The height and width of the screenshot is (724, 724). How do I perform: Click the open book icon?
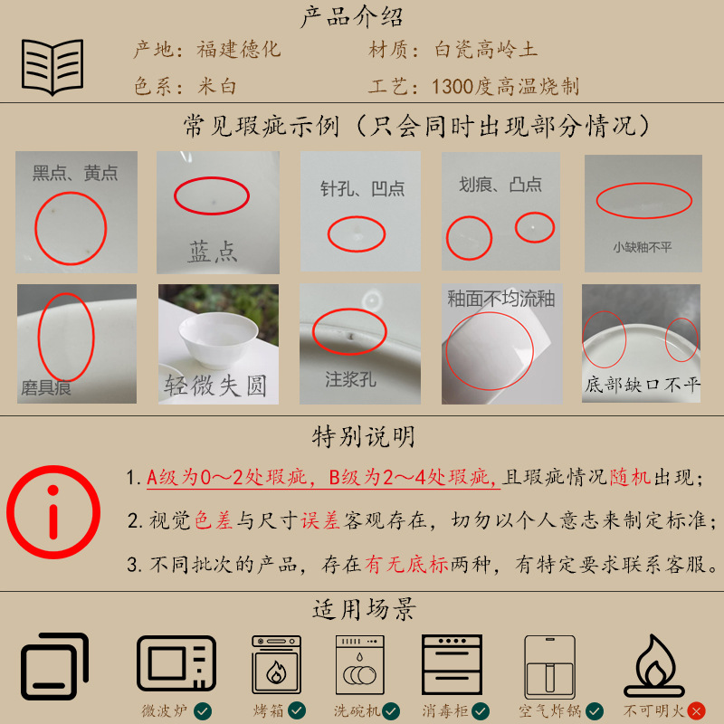[x=52, y=67]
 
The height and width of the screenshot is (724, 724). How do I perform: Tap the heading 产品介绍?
[x=352, y=17]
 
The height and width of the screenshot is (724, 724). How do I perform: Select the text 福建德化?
[x=239, y=50]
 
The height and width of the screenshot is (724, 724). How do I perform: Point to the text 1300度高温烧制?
[x=505, y=86]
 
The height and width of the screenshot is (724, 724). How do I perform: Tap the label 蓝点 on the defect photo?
[x=213, y=252]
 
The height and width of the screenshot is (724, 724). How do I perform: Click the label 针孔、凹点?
[x=363, y=188]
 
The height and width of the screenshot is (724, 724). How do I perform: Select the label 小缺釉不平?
[x=643, y=247]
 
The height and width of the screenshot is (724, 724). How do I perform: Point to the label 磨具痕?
[x=46, y=388]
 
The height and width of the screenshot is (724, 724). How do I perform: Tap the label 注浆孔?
[x=350, y=379]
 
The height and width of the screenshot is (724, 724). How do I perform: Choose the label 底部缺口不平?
[x=643, y=384]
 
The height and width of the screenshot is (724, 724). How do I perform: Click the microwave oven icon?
[x=176, y=662]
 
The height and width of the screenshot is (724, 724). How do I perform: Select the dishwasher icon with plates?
[x=359, y=664]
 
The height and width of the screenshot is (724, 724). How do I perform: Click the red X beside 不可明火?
[x=696, y=711]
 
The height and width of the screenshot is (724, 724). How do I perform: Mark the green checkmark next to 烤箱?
[x=297, y=710]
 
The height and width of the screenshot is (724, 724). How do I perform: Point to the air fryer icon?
[x=549, y=667]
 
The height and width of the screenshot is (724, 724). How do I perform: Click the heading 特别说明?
[x=363, y=437]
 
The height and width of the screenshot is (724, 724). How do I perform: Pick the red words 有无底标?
[x=406, y=564]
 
